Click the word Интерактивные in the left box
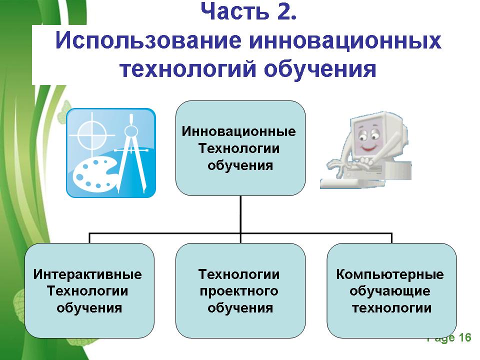(87, 274)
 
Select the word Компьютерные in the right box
(390, 274)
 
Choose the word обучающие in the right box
(390, 291)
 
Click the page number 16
(464, 338)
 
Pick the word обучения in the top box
(240, 165)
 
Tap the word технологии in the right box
(391, 307)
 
